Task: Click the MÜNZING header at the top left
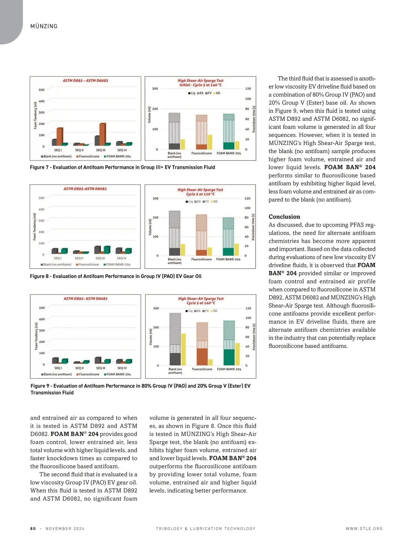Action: [44, 26]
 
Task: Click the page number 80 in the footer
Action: [33, 529]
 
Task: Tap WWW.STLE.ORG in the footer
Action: [364, 529]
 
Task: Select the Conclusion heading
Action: [284, 217]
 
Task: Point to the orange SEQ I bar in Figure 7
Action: [60, 137]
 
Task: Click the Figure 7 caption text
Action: [122, 167]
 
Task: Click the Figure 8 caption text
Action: [115, 276]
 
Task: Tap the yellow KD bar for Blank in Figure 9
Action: [183, 349]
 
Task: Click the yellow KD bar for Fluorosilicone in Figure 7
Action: [210, 142]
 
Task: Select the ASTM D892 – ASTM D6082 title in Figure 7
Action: [85, 81]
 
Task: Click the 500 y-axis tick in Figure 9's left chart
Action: [42, 308]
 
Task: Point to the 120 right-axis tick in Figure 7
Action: [248, 89]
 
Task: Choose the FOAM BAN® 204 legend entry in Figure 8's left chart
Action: [117, 265]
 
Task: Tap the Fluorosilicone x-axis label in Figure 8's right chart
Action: [202, 259]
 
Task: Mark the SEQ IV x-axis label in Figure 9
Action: [122, 368]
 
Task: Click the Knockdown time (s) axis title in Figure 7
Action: [254, 119]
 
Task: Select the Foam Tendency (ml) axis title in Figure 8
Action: [34, 227]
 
